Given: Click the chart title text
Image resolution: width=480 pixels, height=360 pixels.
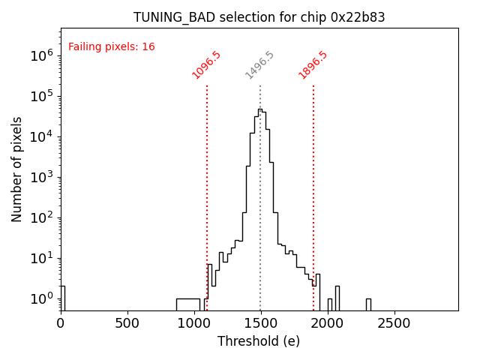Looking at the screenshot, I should (259, 17).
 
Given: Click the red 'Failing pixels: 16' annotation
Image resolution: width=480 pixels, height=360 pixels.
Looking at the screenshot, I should (112, 46).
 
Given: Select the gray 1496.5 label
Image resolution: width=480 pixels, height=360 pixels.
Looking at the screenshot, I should (259, 65).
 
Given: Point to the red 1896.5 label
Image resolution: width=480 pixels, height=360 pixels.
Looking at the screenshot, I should (313, 65).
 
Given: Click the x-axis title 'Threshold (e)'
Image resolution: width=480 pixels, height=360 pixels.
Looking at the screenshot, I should (259, 341).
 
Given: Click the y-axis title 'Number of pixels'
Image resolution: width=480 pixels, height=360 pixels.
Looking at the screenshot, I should (17, 169).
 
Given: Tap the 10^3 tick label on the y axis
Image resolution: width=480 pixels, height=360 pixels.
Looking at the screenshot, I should (40, 177).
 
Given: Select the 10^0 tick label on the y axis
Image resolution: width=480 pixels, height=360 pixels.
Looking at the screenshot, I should (40, 298).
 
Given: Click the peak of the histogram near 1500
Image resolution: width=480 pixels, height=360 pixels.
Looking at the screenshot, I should (260, 109).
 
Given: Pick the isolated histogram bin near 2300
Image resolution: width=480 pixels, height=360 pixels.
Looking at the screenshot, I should (368, 303).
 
